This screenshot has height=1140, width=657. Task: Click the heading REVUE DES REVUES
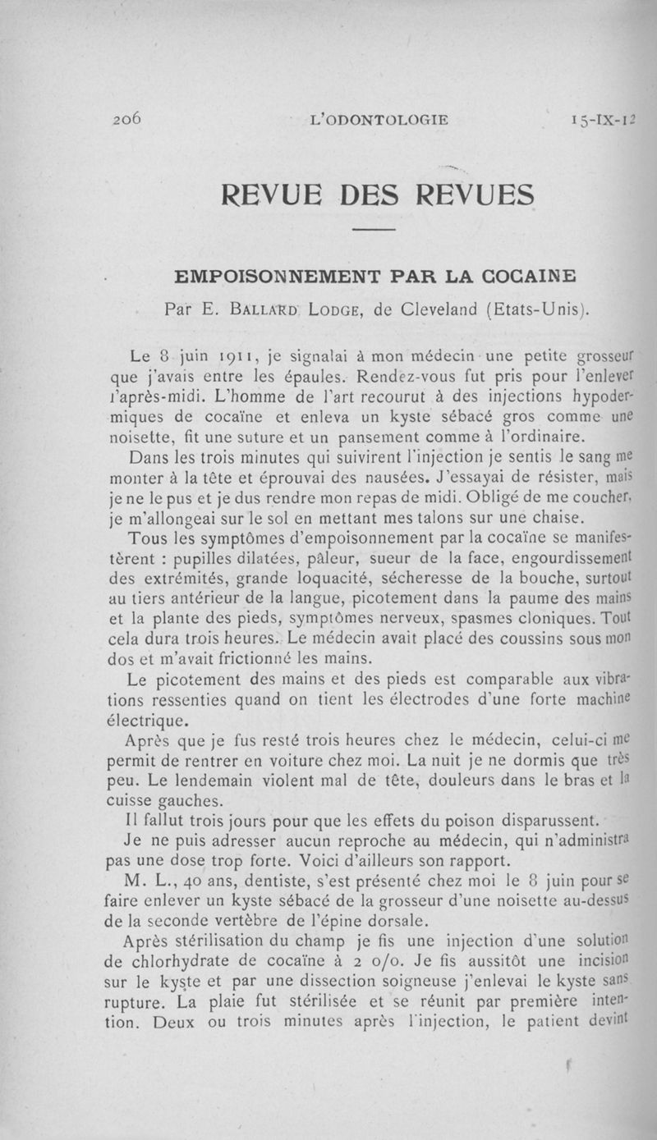pyautogui.click(x=379, y=195)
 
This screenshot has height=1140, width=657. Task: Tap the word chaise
pyautogui.click(x=562, y=517)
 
